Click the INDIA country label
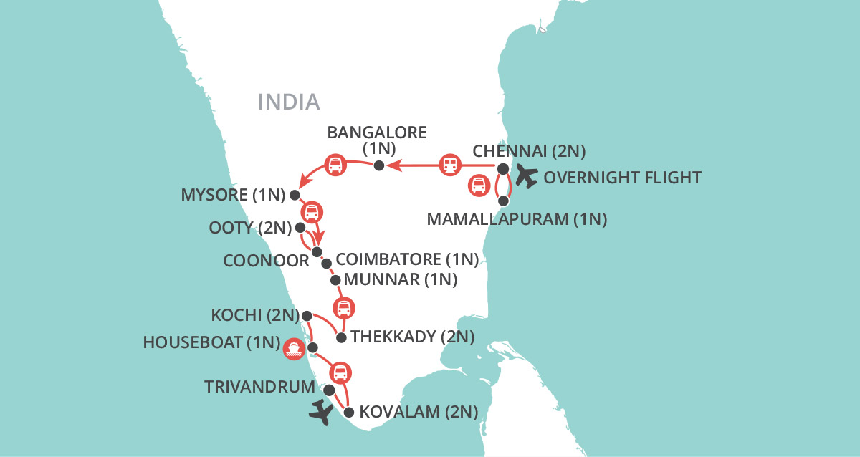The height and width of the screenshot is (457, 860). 289,102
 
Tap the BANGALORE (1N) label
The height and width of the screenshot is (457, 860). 376,140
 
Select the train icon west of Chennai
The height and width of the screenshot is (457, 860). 449,165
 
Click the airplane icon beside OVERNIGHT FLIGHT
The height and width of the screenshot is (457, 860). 526,176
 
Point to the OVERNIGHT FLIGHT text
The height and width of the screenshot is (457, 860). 622,177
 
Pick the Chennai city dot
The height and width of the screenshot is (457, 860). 503,169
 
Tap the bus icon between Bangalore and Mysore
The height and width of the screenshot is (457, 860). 335,165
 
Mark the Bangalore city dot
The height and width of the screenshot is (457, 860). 381,165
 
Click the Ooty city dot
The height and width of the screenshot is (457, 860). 300,228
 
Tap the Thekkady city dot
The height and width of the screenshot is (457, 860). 341,337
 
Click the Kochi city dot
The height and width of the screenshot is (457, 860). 307,315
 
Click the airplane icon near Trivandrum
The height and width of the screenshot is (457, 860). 322,413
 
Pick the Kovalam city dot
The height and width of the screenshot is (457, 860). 349,412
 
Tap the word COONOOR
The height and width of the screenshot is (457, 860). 266,260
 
